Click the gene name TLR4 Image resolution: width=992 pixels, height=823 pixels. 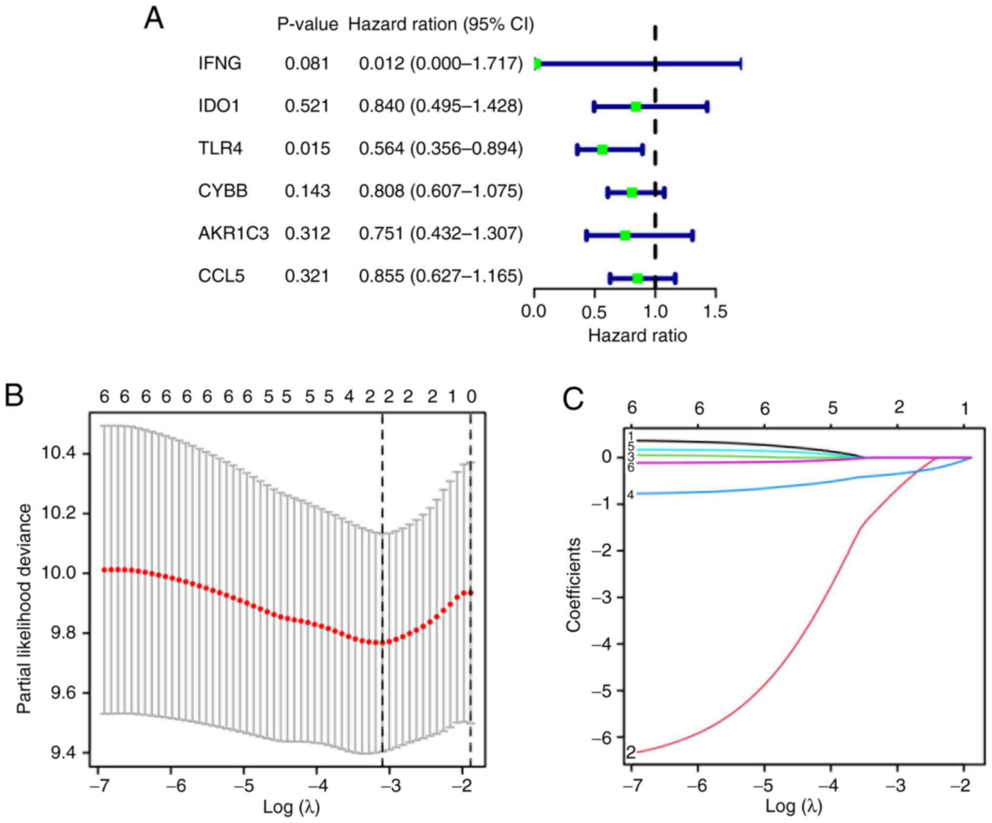point(220,148)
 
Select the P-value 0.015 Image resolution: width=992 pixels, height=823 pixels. point(307,148)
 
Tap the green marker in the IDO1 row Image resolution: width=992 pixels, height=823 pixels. point(635,106)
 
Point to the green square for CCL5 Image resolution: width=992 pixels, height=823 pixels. point(637,278)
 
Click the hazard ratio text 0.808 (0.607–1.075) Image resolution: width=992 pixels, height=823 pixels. point(440,191)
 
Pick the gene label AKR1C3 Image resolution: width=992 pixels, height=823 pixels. point(233,234)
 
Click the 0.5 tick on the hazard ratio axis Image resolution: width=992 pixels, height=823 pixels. point(594,311)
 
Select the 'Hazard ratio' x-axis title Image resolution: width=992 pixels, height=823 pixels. point(637,336)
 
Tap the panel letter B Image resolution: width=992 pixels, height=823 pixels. point(14,395)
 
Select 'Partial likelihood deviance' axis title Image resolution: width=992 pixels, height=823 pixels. point(24,609)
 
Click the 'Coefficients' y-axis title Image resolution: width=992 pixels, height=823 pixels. point(573,585)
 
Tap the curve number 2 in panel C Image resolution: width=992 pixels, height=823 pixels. point(630,753)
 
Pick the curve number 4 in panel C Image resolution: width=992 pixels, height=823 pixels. point(630,495)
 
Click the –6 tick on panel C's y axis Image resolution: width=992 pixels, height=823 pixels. point(601,738)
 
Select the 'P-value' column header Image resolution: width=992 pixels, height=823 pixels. point(308,24)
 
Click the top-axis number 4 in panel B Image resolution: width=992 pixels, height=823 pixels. point(349,397)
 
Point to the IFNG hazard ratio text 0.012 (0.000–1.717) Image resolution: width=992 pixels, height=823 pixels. point(440,63)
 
